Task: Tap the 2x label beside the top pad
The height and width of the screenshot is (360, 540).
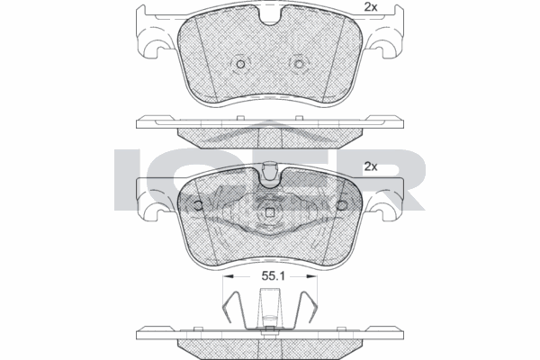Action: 370,8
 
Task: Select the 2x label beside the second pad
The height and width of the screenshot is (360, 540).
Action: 370,167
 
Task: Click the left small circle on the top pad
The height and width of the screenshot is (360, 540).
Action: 240,64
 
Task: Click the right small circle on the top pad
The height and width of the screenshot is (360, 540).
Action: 300,64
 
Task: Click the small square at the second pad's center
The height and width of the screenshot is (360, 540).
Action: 270,212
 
